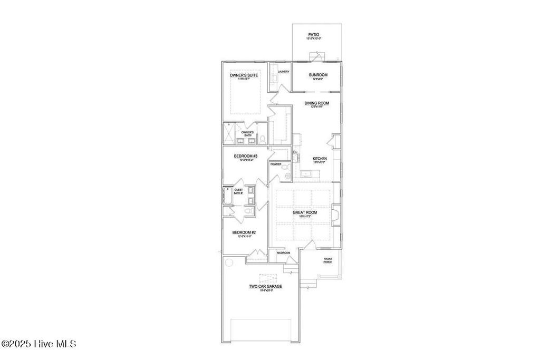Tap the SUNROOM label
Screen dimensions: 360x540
318,75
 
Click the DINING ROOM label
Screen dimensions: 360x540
316,103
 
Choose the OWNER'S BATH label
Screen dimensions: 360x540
247,133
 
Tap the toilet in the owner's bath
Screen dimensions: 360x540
262,140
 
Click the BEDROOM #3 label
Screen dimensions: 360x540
245,156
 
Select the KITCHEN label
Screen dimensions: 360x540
320,159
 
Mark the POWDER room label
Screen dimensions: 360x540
276,164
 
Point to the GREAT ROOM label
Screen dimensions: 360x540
308,212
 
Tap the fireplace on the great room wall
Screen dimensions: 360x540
335,213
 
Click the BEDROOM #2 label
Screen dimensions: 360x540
244,232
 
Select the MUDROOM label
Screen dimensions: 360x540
284,253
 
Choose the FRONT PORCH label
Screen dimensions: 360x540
328,260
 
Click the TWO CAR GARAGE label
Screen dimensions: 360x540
265,286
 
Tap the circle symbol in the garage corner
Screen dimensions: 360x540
229,262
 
